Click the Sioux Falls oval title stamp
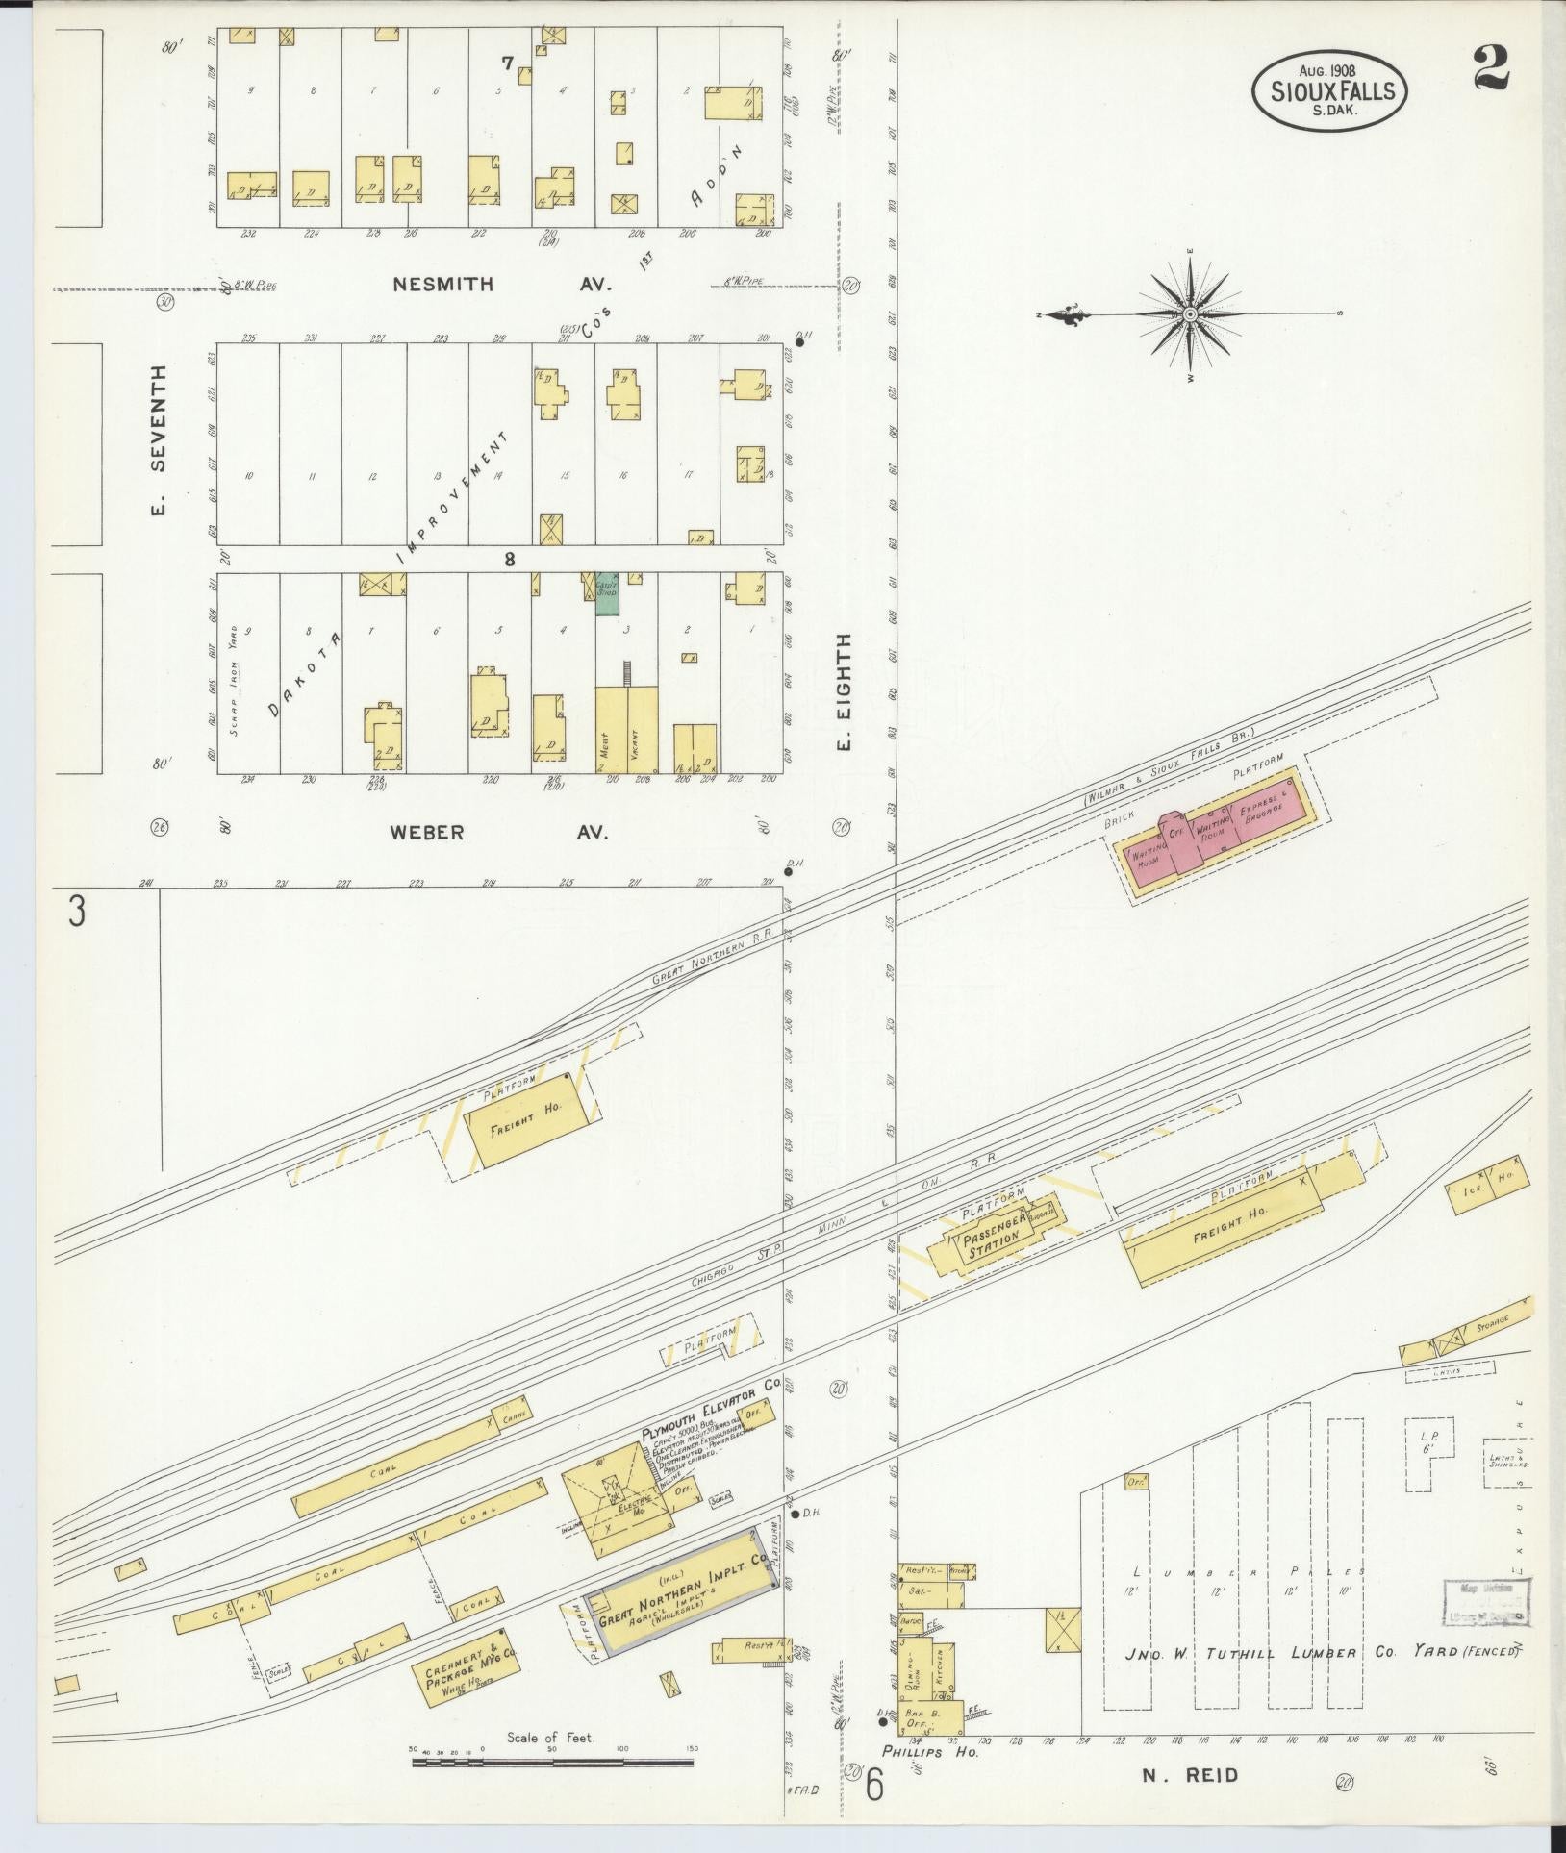click(x=1328, y=89)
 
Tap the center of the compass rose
click(x=1190, y=314)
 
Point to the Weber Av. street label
click(x=498, y=832)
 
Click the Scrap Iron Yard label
click(x=237, y=673)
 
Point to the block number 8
click(x=509, y=558)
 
